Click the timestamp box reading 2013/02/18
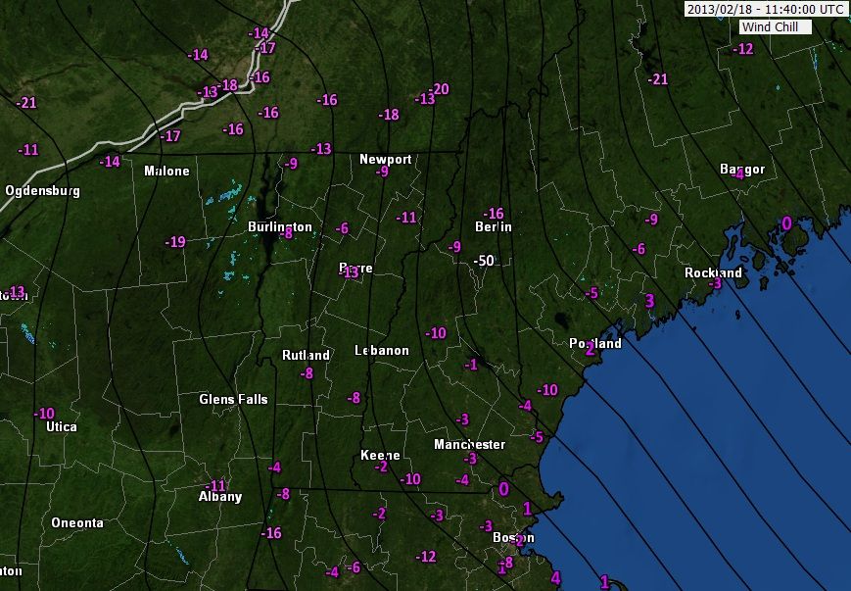pos(764,9)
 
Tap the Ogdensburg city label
pos(42,190)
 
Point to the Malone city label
pos(166,171)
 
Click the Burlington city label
pos(279,226)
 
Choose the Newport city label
pos(385,159)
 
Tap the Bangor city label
pos(741,170)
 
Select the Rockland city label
pos(713,272)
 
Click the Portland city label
pos(595,344)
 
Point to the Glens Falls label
pos(233,399)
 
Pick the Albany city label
pos(220,497)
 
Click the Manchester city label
pos(469,444)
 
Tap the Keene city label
pos(379,456)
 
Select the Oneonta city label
pos(76,522)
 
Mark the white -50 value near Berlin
pos(482,261)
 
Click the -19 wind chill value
pos(175,242)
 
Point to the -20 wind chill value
pos(440,89)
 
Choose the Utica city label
pos(61,426)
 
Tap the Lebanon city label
pos(381,350)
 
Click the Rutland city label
pos(306,355)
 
